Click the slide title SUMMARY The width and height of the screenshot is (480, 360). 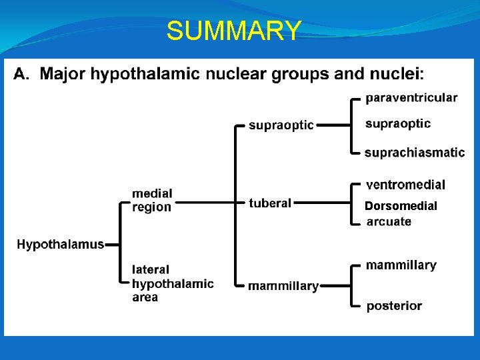(233, 31)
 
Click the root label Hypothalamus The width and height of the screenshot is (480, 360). (60, 245)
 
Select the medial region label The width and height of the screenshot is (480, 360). (152, 200)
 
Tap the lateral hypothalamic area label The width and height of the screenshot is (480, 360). (173, 283)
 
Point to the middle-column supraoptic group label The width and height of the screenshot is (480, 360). (281, 125)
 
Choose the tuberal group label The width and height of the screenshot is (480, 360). (270, 203)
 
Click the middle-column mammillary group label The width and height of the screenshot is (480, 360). (283, 286)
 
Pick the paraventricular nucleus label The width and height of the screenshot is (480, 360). (411, 98)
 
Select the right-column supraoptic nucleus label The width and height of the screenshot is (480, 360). (398, 123)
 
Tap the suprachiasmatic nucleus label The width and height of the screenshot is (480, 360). (414, 153)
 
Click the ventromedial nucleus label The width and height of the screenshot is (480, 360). (405, 185)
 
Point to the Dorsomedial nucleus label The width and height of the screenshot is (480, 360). (401, 206)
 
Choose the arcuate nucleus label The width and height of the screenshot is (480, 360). (389, 221)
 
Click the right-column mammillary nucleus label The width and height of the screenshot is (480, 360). (401, 265)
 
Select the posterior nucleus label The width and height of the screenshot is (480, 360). (394, 306)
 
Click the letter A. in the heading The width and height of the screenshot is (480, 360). (21, 73)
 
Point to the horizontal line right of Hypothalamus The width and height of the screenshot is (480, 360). (111, 245)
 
